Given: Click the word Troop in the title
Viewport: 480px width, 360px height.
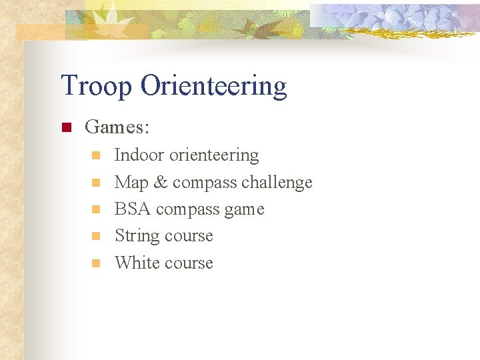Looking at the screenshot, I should [97, 86].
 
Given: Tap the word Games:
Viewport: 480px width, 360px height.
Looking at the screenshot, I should [118, 126].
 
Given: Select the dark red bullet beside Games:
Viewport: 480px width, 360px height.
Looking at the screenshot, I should [66, 127].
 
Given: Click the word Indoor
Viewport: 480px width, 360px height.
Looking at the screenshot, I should [139, 155].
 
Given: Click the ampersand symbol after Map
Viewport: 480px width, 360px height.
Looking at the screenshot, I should [161, 183].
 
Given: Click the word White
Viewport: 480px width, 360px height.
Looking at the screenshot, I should [137, 263].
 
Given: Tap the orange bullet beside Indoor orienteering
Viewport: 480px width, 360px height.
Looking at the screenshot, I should [95, 155].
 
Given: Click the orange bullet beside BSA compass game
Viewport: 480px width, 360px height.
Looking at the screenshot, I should [95, 209].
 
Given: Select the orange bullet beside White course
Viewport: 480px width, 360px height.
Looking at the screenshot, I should [95, 263].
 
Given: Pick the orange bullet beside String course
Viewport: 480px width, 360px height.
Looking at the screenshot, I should [95, 236].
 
